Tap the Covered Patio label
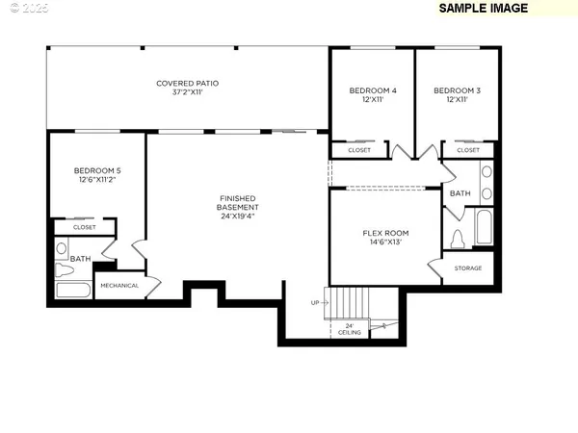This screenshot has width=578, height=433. point(188,84)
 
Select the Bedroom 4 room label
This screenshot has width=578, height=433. point(372,90)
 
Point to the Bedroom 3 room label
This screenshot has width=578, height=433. point(457,90)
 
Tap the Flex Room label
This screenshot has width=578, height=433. point(385,233)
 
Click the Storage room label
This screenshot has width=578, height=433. point(468,268)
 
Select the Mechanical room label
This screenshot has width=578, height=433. point(119,285)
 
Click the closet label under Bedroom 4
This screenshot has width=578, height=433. point(358,150)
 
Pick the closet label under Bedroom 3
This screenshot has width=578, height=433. point(468,150)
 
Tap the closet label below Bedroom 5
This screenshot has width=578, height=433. point(84,227)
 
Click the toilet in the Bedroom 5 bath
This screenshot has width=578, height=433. point(62,249)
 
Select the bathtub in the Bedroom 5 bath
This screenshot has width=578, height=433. point(73,289)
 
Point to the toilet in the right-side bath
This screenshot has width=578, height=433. point(458,237)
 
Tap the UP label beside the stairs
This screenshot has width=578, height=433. point(314,302)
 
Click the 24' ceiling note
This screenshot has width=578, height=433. point(349,329)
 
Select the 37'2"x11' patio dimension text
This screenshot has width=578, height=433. point(188,93)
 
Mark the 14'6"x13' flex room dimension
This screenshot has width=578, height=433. point(385,242)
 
